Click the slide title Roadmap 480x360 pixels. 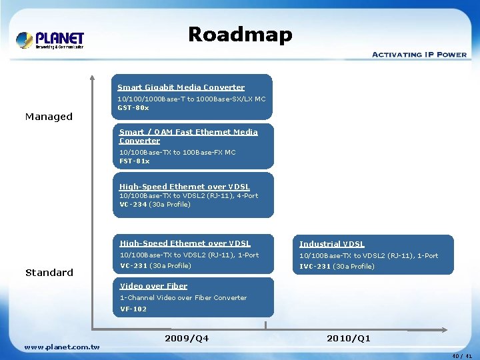click(240, 34)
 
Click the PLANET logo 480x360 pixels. click(50, 40)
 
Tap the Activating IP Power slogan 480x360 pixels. click(419, 55)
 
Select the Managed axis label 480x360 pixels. click(49, 117)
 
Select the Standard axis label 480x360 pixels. click(49, 273)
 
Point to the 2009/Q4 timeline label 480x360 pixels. click(186, 339)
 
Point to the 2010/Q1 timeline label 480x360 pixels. click(348, 339)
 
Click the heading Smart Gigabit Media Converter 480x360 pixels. click(181, 87)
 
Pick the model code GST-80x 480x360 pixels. click(133, 107)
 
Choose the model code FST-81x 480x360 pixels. click(134, 161)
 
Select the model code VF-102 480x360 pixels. click(133, 309)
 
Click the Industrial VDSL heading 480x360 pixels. click(331, 244)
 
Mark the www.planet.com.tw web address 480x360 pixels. click(61, 347)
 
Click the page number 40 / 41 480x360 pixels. click(462, 356)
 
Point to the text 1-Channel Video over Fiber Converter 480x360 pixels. click(183, 298)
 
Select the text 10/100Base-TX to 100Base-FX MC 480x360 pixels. click(177, 153)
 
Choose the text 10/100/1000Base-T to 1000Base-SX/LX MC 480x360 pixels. click(191, 99)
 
